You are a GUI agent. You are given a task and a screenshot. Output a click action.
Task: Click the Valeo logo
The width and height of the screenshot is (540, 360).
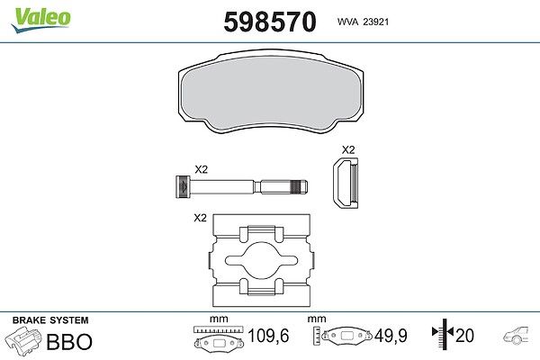(x=41, y=20)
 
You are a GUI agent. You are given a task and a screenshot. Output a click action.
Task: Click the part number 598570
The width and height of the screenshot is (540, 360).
(x=270, y=22)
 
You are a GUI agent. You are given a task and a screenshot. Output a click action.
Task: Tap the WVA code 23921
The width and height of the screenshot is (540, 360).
(x=376, y=22)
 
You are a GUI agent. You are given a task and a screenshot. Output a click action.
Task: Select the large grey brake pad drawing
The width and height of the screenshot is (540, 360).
(x=270, y=92)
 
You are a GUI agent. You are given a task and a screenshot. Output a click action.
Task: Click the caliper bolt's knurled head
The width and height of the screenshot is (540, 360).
(x=183, y=186)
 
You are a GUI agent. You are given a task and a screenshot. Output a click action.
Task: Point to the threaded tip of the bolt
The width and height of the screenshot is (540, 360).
(x=300, y=187)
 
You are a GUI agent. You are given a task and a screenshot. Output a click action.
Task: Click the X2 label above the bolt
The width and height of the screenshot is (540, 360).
(x=201, y=169)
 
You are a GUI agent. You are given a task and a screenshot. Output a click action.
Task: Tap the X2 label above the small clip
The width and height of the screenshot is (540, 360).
(x=348, y=150)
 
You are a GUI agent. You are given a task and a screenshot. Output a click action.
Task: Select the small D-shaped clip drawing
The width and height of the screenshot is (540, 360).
(x=346, y=183)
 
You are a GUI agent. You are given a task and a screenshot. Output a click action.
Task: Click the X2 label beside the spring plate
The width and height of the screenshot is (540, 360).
(x=200, y=218)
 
